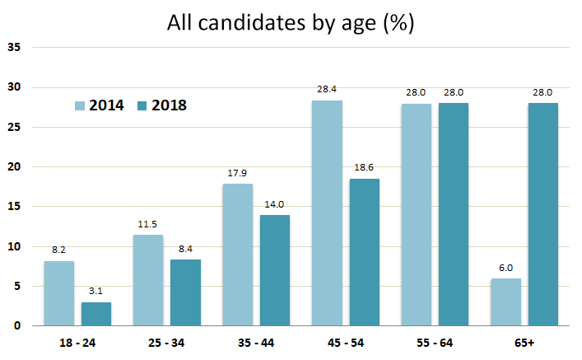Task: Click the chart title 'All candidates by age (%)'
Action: (291, 22)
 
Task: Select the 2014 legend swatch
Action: (80, 105)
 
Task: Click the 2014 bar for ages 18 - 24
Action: (59, 293)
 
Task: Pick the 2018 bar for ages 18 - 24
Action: (96, 314)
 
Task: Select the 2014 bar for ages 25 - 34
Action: (148, 280)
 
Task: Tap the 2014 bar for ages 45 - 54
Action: (327, 213)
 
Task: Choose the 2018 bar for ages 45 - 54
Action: (365, 252)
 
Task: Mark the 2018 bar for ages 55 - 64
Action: (454, 214)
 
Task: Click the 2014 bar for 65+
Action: (505, 302)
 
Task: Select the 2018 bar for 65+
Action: (543, 214)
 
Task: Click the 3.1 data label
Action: (96, 292)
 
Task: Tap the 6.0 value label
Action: (505, 268)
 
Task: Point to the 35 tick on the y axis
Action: (13, 48)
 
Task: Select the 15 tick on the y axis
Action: (13, 207)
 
